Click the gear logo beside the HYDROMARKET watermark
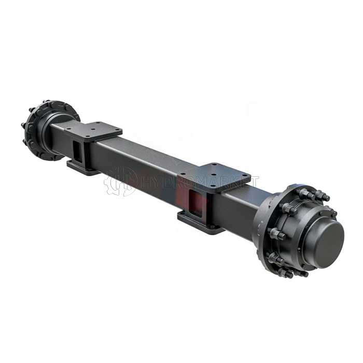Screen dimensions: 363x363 120,182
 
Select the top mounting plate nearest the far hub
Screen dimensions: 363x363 93,132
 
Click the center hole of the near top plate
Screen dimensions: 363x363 215,174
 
